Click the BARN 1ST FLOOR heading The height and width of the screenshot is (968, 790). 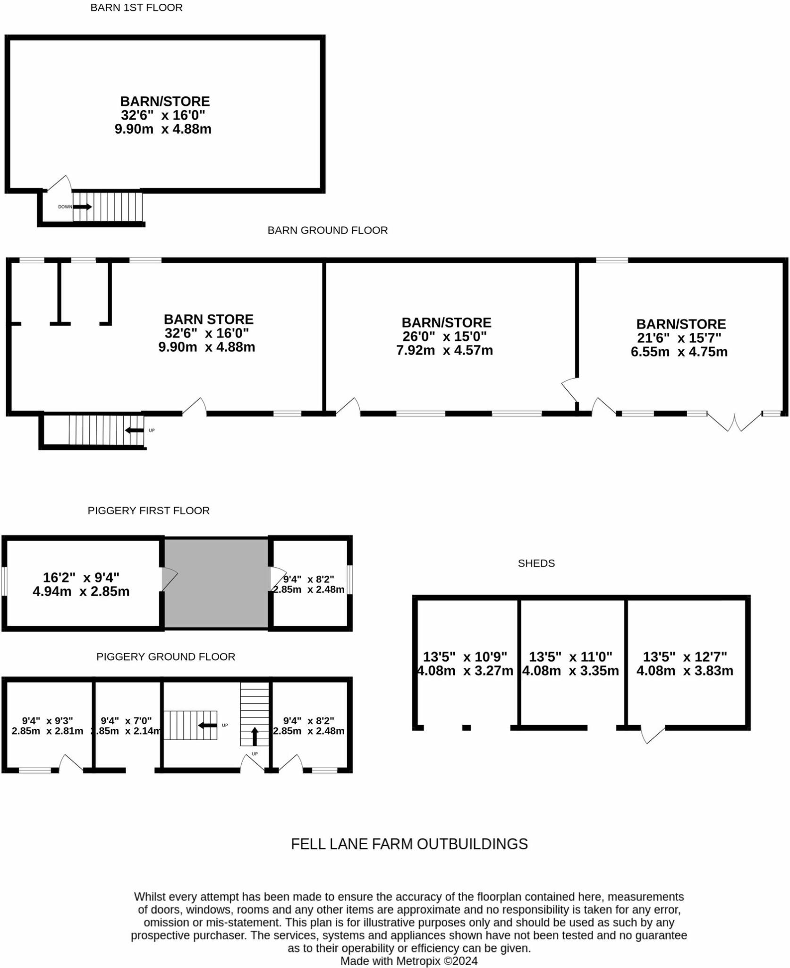tap(136, 8)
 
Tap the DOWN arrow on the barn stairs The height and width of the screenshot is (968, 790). tap(82, 207)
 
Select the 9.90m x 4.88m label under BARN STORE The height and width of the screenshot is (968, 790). tap(206, 347)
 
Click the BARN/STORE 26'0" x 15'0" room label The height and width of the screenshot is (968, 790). tap(446, 336)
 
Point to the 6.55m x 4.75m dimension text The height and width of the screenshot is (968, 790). tap(679, 352)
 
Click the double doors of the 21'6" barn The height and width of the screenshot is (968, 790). tap(734, 422)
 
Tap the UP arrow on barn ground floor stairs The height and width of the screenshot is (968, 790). tap(135, 430)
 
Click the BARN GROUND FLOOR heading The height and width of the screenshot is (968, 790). tap(328, 230)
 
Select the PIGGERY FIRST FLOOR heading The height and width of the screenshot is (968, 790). tap(149, 510)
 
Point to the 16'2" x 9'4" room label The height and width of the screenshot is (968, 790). tap(81, 584)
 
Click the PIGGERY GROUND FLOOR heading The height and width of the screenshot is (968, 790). tap(166, 657)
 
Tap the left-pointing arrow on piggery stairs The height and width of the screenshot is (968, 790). tap(207, 725)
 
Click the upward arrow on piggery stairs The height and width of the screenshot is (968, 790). tap(255, 736)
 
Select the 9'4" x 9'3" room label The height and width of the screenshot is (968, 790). tap(47, 726)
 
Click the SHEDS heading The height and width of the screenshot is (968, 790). tap(536, 563)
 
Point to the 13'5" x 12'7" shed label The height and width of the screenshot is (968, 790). tap(685, 664)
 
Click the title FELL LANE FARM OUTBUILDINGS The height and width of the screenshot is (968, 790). tap(409, 844)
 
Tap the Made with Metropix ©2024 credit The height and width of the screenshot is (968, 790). tap(409, 960)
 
